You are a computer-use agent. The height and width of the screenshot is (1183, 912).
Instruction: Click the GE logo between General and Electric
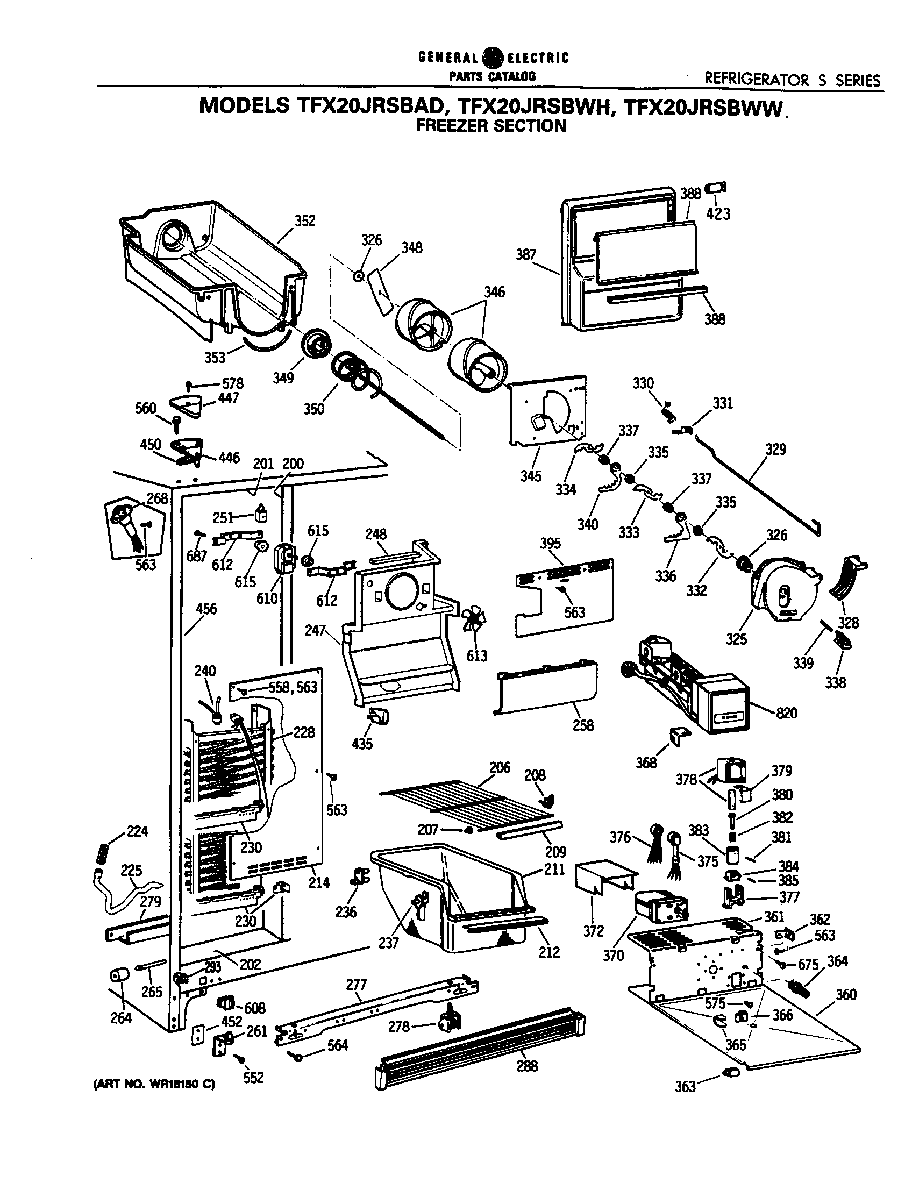click(493, 58)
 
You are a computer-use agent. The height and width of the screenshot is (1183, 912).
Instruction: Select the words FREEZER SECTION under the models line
click(490, 126)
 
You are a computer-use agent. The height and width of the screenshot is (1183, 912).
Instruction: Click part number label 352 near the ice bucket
click(305, 221)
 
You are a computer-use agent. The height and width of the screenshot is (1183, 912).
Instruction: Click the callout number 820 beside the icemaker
click(786, 713)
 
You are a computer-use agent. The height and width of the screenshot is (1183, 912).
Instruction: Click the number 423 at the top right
click(718, 214)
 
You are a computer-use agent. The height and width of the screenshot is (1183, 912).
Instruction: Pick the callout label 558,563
click(293, 687)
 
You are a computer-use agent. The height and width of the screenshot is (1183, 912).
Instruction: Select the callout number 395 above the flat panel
click(550, 543)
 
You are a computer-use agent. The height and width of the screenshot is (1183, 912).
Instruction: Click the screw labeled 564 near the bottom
click(297, 1054)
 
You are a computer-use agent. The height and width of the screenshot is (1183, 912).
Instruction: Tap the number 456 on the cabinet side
click(206, 609)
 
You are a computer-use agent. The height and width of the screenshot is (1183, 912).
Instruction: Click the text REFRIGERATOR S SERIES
click(792, 81)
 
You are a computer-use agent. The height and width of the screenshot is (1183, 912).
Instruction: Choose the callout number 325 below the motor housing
click(736, 639)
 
